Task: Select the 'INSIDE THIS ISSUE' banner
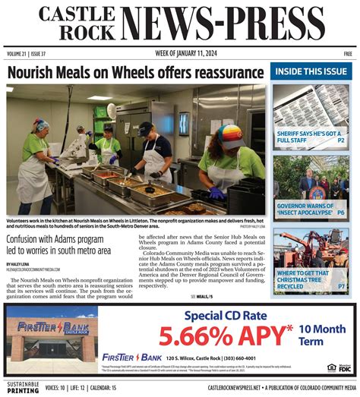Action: coord(312,71)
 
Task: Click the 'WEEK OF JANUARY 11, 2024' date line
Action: coord(180,54)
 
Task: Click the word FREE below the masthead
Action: coord(347,54)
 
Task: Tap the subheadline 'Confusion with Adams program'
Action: coord(54,238)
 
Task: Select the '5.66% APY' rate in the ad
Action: coord(224,334)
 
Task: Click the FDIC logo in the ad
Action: coord(344,367)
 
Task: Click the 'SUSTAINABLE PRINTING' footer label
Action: coord(20,387)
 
